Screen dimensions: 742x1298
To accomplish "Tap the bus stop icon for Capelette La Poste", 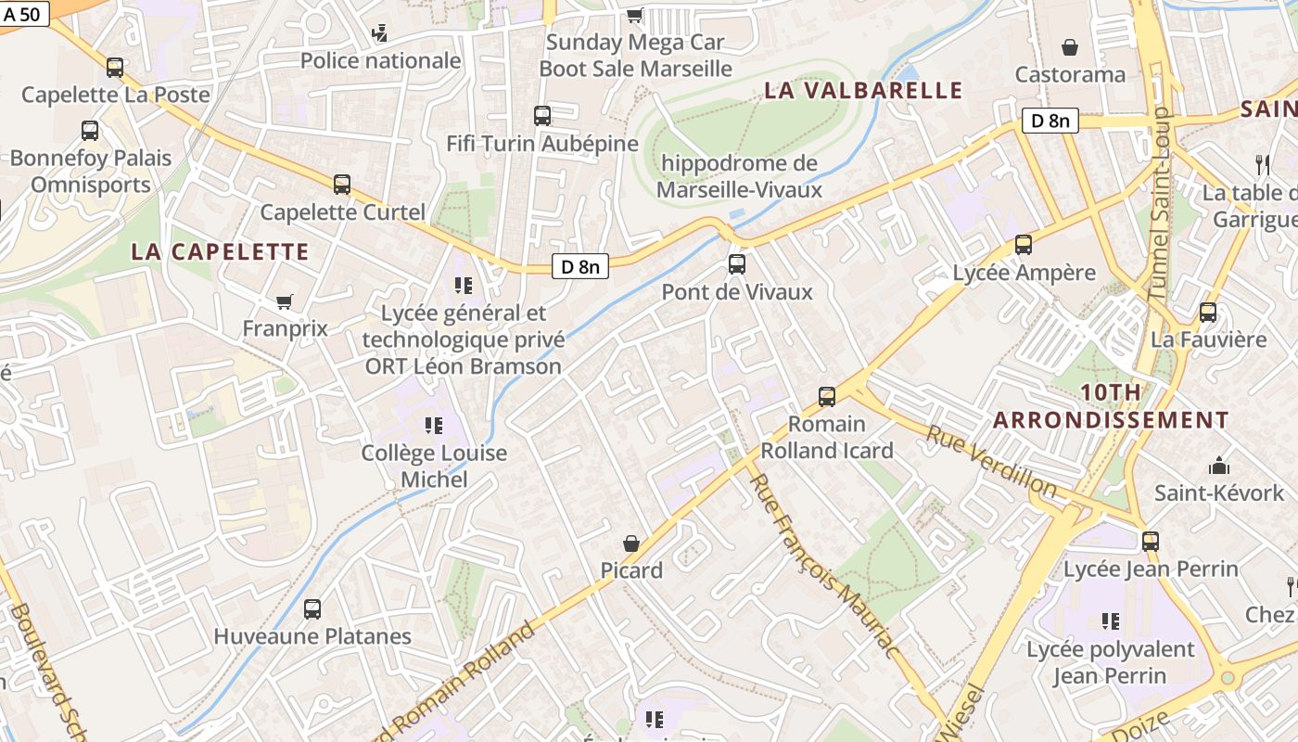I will pos(115,68).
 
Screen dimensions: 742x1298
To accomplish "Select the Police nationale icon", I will pos(379,34).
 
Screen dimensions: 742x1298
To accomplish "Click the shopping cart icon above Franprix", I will pos(285,301).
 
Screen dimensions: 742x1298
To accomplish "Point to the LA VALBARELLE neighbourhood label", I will pos(863,90).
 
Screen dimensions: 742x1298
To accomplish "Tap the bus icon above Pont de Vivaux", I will pos(737,264).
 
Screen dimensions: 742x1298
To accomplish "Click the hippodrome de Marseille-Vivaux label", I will pos(740,176).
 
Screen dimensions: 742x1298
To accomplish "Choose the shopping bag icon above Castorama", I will pos(1070,47).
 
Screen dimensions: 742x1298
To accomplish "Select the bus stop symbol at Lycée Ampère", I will pos(1024,245).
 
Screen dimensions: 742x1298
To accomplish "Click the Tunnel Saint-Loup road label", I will pos(1161,204).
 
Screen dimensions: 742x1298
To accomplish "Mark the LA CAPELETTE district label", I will pos(220,251).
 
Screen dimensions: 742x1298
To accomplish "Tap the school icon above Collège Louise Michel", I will pos(433,426).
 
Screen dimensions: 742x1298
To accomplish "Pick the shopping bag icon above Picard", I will pos(631,543).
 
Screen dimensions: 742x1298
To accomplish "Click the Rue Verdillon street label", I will pos(991,461).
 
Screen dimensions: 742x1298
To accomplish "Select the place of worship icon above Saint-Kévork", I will pos(1218,466).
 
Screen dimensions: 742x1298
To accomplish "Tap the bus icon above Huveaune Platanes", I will pos(312,609).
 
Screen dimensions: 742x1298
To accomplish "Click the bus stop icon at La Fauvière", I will pos(1208,313).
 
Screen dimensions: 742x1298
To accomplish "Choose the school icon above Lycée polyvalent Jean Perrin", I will pos(1110,620).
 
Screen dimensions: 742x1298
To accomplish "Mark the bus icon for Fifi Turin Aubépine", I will pos(542,116).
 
